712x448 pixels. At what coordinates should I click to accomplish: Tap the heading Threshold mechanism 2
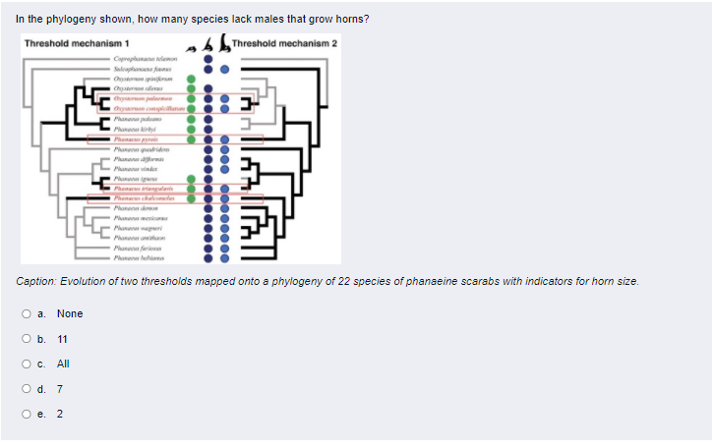(x=284, y=43)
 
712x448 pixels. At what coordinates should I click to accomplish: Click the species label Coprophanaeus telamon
(x=148, y=60)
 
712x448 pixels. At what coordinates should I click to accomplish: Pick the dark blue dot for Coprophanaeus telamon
(x=207, y=60)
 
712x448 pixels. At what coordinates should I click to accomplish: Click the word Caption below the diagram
(x=37, y=282)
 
